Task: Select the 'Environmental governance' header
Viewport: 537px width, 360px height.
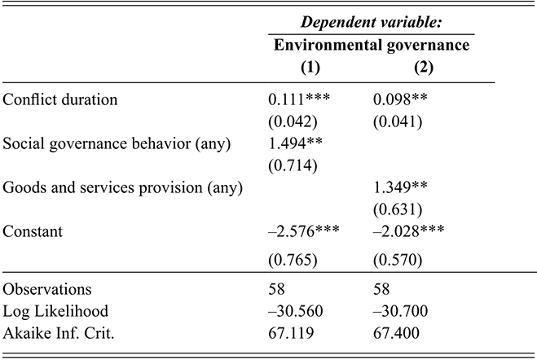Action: click(372, 46)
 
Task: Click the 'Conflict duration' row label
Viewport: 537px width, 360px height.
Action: click(61, 100)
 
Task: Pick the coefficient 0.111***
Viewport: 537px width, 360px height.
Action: click(302, 100)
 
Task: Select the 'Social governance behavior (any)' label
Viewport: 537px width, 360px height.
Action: click(117, 145)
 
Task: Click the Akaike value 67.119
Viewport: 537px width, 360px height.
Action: click(288, 332)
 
